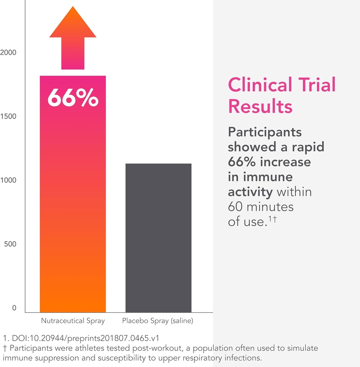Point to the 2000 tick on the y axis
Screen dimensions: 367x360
coord(8,53)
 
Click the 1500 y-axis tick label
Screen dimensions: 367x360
coord(8,116)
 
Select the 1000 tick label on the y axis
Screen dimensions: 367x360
coord(8,180)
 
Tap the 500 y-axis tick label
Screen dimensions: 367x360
coord(10,244)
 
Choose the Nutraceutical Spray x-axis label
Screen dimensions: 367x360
coord(73,321)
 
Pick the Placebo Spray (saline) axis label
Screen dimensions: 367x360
coord(158,321)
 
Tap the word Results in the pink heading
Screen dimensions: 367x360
coord(260,106)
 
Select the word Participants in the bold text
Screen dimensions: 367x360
coord(265,132)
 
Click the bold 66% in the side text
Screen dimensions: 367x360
coord(242,162)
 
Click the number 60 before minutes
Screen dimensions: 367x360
coord(235,207)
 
